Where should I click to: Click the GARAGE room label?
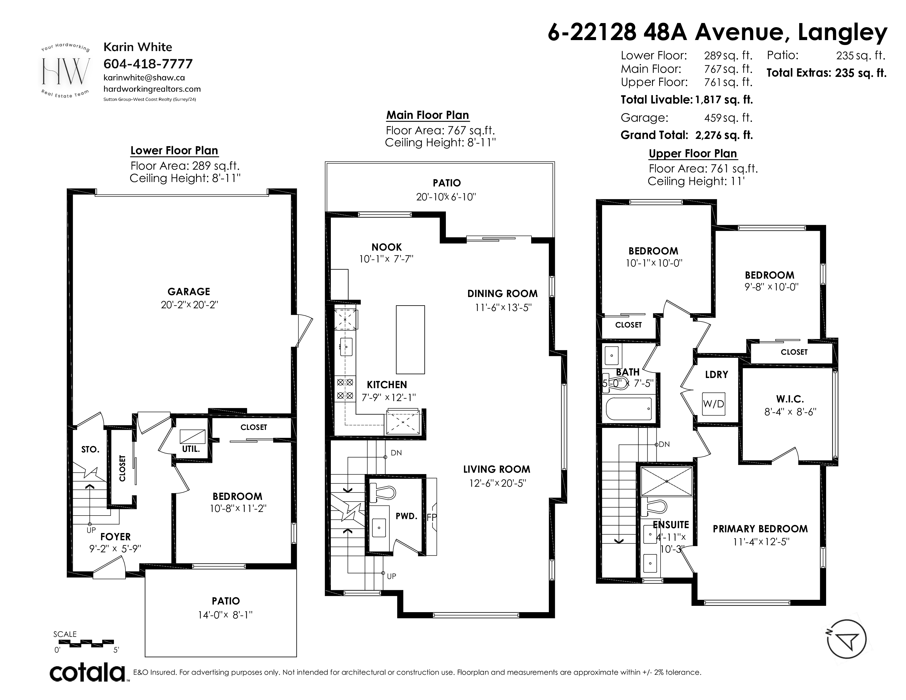[x=189, y=292]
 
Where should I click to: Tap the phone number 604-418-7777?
[x=148, y=64]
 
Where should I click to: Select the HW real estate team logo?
[x=66, y=71]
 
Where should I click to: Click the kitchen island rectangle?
[x=410, y=340]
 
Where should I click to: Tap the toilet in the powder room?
[x=382, y=492]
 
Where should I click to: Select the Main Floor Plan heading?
[x=428, y=115]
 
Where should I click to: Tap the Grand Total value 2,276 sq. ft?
[x=724, y=135]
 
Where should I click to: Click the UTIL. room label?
[x=191, y=449]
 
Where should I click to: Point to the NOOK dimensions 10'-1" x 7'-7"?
[x=386, y=259]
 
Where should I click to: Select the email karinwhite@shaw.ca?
[x=144, y=77]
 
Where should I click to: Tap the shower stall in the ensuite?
[x=667, y=481]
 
